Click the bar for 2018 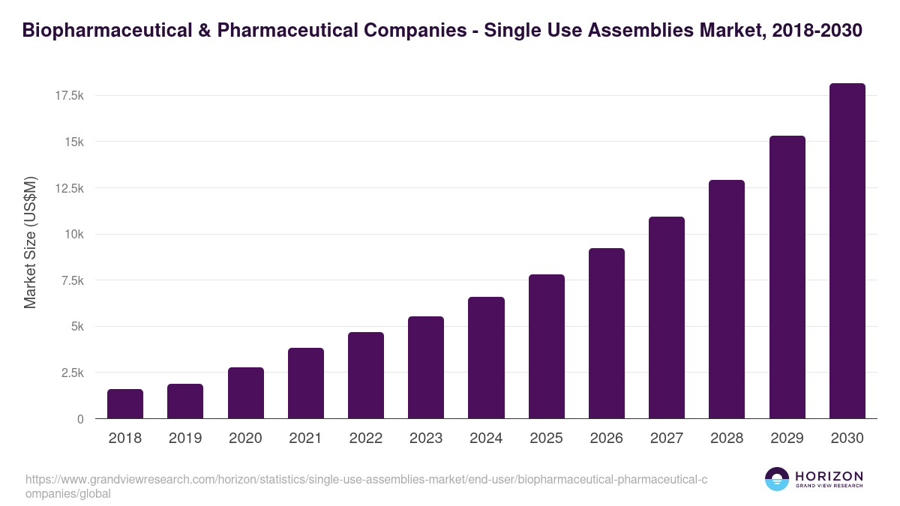tap(125, 404)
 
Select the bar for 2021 tap(305, 383)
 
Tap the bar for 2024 tap(486, 358)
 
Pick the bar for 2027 tap(667, 318)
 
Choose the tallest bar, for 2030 tap(847, 251)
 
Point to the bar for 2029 tap(787, 277)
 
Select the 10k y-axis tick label tap(73, 235)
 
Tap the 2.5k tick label tap(72, 373)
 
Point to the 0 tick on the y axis tap(80, 419)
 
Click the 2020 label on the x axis tap(245, 439)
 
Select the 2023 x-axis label tap(426, 439)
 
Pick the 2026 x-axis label tap(606, 439)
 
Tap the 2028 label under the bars tap(727, 439)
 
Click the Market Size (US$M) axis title tap(30, 243)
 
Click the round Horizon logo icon tap(776, 480)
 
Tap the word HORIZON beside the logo tap(829, 476)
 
